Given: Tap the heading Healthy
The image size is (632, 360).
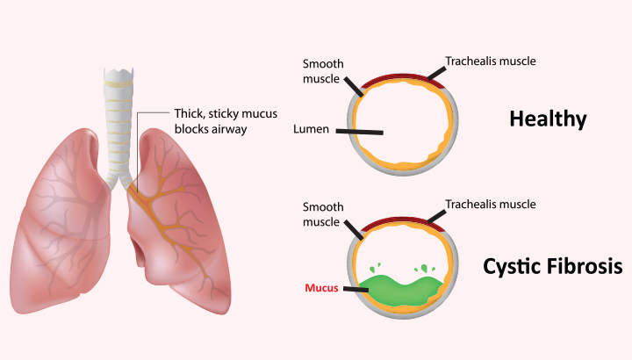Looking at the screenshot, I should (547, 119).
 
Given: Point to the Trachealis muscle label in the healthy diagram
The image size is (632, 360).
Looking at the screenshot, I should (490, 61).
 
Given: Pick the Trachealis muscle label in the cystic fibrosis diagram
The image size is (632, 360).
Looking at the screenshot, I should (490, 205).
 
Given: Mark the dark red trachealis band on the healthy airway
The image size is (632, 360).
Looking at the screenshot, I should (403, 80).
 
